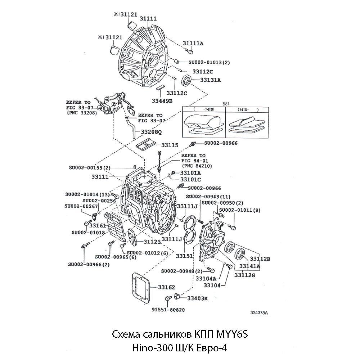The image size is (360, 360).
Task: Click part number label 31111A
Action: click(193, 43)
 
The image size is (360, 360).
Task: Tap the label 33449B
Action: click(162, 101)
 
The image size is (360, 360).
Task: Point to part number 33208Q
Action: click(151, 132)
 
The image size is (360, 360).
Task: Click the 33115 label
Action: click(170, 145)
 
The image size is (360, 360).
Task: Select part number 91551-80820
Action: click(168, 310)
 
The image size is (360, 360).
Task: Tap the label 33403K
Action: click(198, 298)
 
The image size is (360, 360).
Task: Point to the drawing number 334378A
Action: click(259, 313)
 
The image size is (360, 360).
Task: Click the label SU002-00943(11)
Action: click(208, 197)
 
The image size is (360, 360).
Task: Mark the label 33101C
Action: click(190, 179)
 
